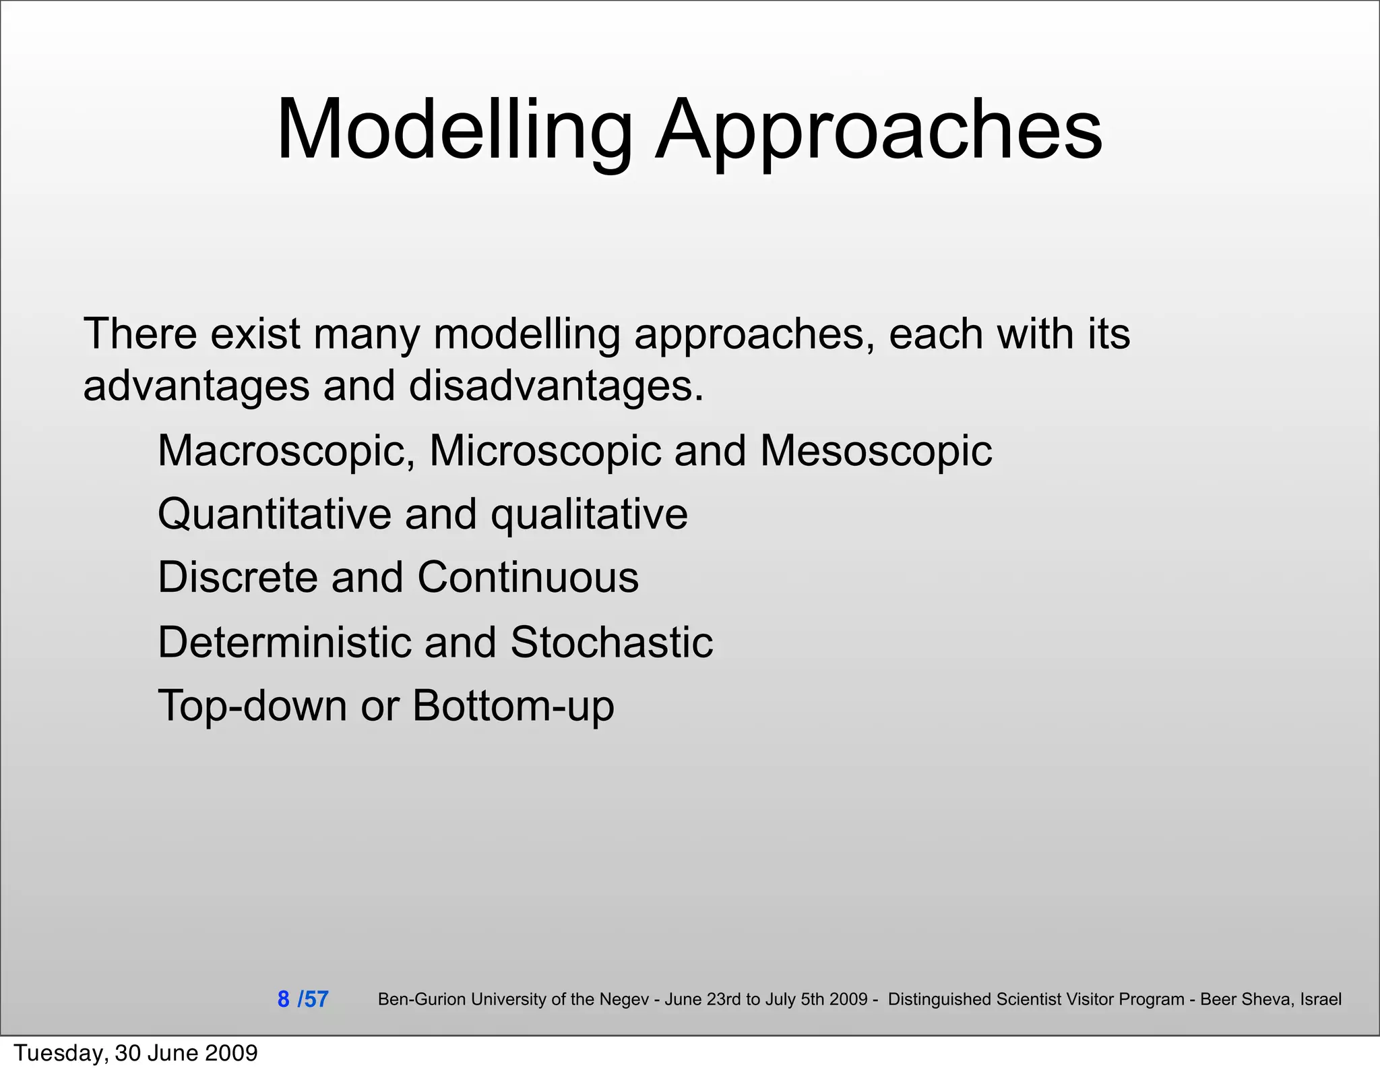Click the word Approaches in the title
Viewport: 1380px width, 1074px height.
(x=879, y=129)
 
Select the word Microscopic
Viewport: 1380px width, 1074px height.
(x=545, y=450)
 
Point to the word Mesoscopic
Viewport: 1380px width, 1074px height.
(x=875, y=450)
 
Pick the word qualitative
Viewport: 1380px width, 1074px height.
(x=589, y=514)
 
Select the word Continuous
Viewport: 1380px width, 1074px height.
(x=528, y=577)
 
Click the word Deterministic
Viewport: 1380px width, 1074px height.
(x=284, y=641)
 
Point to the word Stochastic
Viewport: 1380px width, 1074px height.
(x=611, y=641)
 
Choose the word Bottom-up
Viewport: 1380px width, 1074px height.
(x=513, y=705)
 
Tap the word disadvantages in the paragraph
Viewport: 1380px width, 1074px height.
(x=557, y=386)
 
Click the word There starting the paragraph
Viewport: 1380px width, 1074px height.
(x=140, y=334)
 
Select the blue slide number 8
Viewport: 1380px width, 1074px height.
(x=284, y=998)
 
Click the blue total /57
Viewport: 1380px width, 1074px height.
(x=313, y=998)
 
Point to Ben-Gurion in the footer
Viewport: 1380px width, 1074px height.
(x=421, y=999)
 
